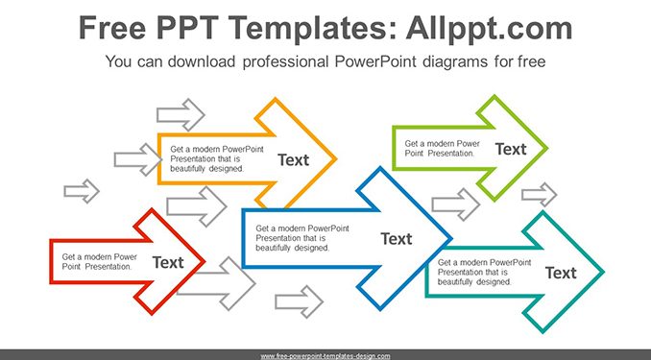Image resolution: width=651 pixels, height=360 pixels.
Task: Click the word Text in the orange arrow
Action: tap(293, 160)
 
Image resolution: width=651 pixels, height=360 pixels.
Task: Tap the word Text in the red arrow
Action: tap(168, 262)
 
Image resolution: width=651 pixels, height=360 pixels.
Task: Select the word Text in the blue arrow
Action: tap(397, 239)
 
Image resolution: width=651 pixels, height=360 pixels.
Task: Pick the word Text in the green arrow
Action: tap(511, 149)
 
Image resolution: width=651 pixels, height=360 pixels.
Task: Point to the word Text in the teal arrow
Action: tap(561, 273)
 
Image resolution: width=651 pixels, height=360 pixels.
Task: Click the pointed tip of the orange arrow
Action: tap(336, 158)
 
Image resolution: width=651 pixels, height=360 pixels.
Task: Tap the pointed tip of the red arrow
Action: tap(205, 261)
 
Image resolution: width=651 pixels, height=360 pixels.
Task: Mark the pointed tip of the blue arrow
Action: tap(451, 239)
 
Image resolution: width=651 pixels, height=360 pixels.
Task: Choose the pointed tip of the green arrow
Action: tap(547, 148)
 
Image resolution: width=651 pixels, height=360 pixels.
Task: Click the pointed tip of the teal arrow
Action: tap(603, 273)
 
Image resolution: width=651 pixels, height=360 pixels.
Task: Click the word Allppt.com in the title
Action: tap(489, 28)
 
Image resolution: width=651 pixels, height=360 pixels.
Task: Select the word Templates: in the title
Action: tap(311, 28)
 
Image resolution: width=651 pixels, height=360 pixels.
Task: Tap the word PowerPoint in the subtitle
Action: tap(374, 61)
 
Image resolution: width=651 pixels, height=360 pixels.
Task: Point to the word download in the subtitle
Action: tap(202, 61)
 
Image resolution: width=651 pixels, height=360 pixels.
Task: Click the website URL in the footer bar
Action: tap(325, 356)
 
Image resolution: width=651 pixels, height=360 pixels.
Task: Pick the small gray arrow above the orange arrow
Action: tap(181, 114)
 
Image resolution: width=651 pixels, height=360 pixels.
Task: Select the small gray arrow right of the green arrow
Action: tap(540, 194)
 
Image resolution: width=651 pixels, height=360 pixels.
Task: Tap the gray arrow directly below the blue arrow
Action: tap(299, 301)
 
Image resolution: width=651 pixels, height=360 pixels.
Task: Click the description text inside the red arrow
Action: tap(99, 262)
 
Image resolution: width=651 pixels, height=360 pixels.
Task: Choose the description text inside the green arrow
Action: tap(443, 149)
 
